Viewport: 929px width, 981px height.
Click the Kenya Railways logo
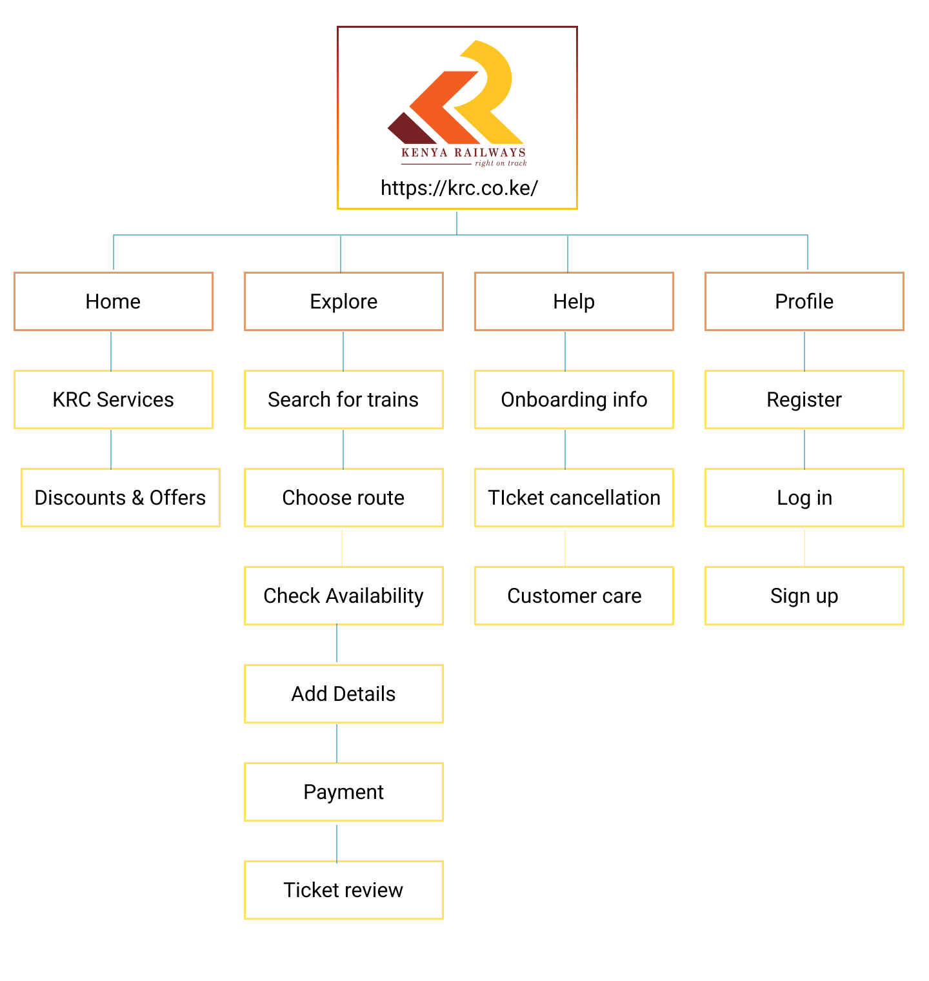pyautogui.click(x=457, y=103)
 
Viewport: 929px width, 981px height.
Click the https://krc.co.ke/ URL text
pyautogui.click(x=459, y=188)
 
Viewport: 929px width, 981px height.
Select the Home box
pyautogui.click(x=114, y=301)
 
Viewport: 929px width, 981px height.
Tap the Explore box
pyautogui.click(x=344, y=301)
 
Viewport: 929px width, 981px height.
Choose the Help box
pyautogui.click(x=574, y=301)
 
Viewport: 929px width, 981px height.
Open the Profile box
pyautogui.click(x=804, y=301)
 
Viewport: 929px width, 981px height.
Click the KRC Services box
pyautogui.click(x=114, y=399)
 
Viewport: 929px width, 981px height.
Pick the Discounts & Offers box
pyautogui.click(x=121, y=498)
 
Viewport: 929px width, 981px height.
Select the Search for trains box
pyautogui.click(x=344, y=399)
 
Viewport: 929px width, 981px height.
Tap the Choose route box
pyautogui.click(x=344, y=498)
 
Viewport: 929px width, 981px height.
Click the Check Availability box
pyautogui.click(x=344, y=596)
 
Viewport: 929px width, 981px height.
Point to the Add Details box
pyautogui.click(x=344, y=694)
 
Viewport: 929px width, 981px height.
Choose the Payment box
pyautogui.click(x=344, y=792)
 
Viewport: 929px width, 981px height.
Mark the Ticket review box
pyautogui.click(x=344, y=890)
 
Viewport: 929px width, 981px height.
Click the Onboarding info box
pyautogui.click(x=574, y=399)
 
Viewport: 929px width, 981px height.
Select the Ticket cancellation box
pyautogui.click(x=574, y=498)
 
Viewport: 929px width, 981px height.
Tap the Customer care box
pyautogui.click(x=574, y=596)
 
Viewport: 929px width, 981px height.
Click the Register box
pyautogui.click(x=804, y=399)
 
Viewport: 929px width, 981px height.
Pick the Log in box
pyautogui.click(x=804, y=498)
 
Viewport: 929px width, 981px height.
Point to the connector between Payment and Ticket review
pyautogui.click(x=337, y=842)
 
